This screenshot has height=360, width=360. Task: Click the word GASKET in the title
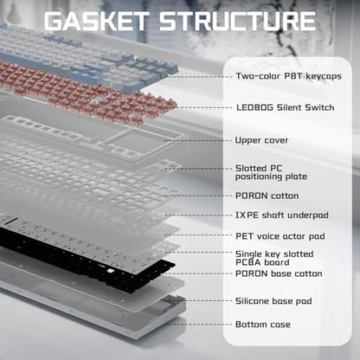coord(96,21)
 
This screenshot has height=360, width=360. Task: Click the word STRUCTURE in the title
coord(237,21)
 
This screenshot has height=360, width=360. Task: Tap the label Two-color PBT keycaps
coord(288,76)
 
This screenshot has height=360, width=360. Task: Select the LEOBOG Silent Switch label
coord(286,107)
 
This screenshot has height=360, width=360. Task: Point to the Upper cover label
coord(261,140)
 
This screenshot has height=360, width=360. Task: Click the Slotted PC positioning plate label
coord(271,172)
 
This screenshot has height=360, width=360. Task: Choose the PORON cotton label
coord(267,196)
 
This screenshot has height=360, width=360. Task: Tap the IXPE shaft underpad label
coord(282,215)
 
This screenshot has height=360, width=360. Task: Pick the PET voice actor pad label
coord(280,236)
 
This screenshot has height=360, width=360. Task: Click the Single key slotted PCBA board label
coord(274,258)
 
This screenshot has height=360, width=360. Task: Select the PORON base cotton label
coord(279,273)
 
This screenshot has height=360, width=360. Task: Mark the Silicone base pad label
coord(273,301)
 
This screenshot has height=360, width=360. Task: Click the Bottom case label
coord(263,325)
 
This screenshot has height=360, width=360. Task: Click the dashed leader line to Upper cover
coord(198,140)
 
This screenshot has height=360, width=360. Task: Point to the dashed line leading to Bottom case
coord(198,325)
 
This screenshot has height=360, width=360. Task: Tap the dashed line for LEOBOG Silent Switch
coord(204,107)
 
